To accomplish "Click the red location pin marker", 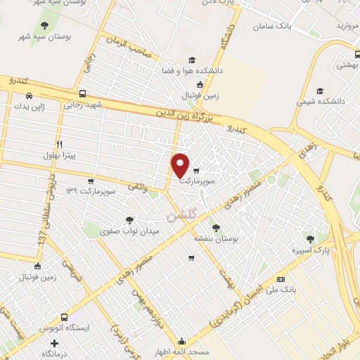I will pyautogui.click(x=181, y=166).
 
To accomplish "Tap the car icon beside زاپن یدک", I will pyautogui.click(x=29, y=96).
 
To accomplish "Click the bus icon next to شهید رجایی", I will pyautogui.click(x=83, y=94).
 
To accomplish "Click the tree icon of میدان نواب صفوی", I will pyautogui.click(x=128, y=219).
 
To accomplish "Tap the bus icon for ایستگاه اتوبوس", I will pyautogui.click(x=65, y=317).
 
